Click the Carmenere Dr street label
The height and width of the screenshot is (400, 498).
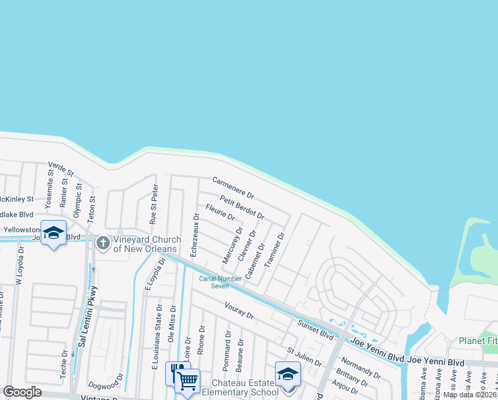pos(233,188)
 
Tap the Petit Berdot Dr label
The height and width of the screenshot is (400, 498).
pos(242,207)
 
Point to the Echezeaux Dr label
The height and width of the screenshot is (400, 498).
pos(195,235)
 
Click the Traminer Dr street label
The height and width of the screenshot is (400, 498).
pos(274,250)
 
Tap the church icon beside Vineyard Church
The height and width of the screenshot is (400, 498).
pos(103,243)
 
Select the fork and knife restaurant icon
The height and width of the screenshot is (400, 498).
pos(176,371)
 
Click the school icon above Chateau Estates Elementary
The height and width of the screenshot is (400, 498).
pos(288,373)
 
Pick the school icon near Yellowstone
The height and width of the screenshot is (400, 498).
pos(53,232)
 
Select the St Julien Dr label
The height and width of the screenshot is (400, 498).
pos(304,357)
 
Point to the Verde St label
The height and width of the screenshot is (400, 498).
pos(60,168)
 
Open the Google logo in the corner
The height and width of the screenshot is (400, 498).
pos(22,392)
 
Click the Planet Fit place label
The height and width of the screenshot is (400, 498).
pos(477,341)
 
